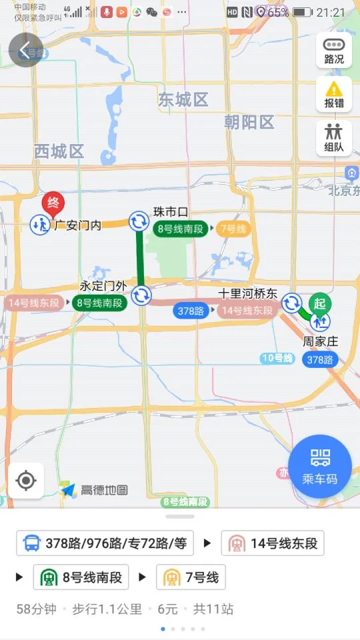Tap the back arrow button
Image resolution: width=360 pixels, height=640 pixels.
(x=25, y=51)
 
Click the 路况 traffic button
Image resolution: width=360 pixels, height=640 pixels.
(x=334, y=50)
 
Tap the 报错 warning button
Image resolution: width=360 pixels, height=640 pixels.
(x=334, y=94)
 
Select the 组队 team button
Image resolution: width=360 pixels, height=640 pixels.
(x=334, y=138)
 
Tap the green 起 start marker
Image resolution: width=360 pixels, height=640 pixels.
(x=319, y=304)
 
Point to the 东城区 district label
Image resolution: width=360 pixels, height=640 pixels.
(x=183, y=100)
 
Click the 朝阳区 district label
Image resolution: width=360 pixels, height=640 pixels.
(x=249, y=122)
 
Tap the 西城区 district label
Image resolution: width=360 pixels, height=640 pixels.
(x=59, y=151)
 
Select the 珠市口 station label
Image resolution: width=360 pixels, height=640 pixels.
(x=171, y=211)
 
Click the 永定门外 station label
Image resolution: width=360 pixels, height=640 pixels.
(x=103, y=285)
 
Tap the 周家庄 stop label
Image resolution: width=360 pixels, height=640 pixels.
(x=321, y=341)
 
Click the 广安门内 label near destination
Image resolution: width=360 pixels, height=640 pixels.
(x=77, y=225)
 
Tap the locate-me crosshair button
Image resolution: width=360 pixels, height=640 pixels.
(x=26, y=480)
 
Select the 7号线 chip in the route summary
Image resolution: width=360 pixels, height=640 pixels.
(x=191, y=577)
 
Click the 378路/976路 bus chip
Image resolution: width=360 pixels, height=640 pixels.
(x=105, y=543)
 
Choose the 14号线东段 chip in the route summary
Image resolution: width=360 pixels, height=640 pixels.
(x=273, y=543)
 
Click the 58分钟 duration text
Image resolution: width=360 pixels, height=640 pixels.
(x=37, y=609)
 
